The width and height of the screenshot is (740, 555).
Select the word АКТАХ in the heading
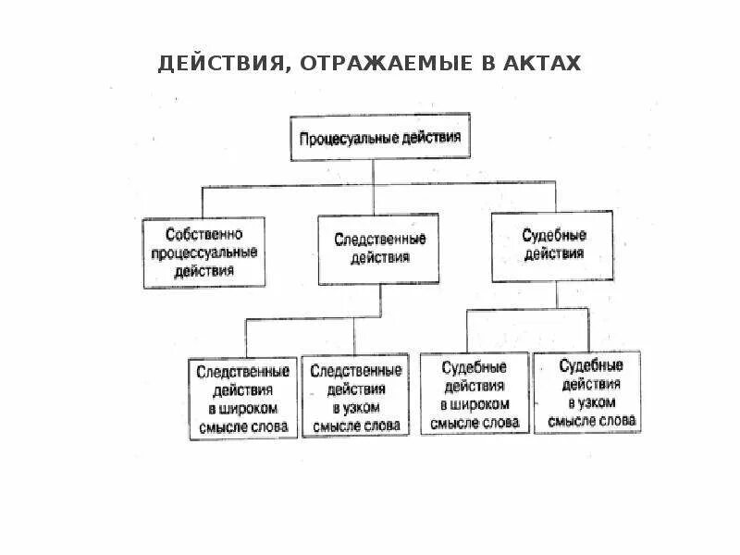tap(546, 64)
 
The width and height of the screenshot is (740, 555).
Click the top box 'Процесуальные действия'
tap(379, 137)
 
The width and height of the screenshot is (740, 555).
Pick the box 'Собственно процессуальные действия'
tap(204, 252)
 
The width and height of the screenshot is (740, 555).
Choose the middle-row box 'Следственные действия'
tap(379, 249)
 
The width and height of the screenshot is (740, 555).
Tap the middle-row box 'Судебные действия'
tap(552, 245)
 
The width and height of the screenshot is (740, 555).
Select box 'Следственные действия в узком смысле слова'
tap(356, 398)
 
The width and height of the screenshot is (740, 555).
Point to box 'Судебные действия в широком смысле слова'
tap(474, 394)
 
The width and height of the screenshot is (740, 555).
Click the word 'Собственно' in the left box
tap(203, 234)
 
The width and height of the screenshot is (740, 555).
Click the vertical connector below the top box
tap(374, 173)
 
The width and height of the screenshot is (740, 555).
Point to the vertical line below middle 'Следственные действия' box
tap(379, 302)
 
